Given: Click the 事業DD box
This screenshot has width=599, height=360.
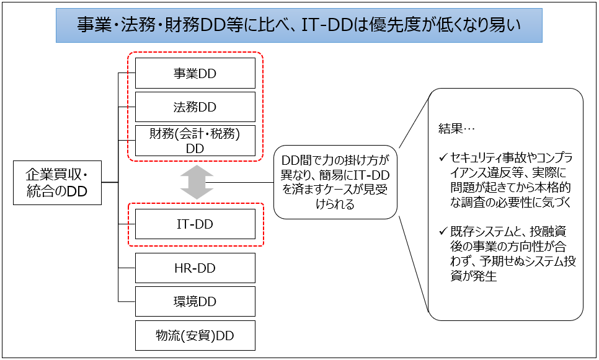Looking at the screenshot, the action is click(x=195, y=73).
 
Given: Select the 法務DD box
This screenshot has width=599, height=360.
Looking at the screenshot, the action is click(x=195, y=107).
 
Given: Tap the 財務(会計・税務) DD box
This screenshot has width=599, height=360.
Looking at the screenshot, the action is click(x=195, y=141).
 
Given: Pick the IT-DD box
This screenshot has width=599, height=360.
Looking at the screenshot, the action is click(x=195, y=224).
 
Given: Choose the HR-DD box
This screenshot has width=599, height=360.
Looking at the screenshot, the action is click(x=195, y=268).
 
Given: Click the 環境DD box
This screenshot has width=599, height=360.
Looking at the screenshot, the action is click(x=195, y=302).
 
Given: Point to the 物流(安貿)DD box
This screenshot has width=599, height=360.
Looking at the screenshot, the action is click(x=195, y=336).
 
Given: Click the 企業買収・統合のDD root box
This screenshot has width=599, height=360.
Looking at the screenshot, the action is click(x=57, y=183).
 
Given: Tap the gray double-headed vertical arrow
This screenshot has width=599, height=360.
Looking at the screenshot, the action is click(x=197, y=182).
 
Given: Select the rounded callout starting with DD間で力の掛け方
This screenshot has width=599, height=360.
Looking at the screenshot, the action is click(x=335, y=182).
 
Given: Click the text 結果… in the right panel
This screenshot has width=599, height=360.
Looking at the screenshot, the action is click(x=456, y=128).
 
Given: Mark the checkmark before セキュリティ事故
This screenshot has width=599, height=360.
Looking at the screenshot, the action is click(x=443, y=157).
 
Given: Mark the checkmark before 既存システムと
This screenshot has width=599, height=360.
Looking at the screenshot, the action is click(x=443, y=230).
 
